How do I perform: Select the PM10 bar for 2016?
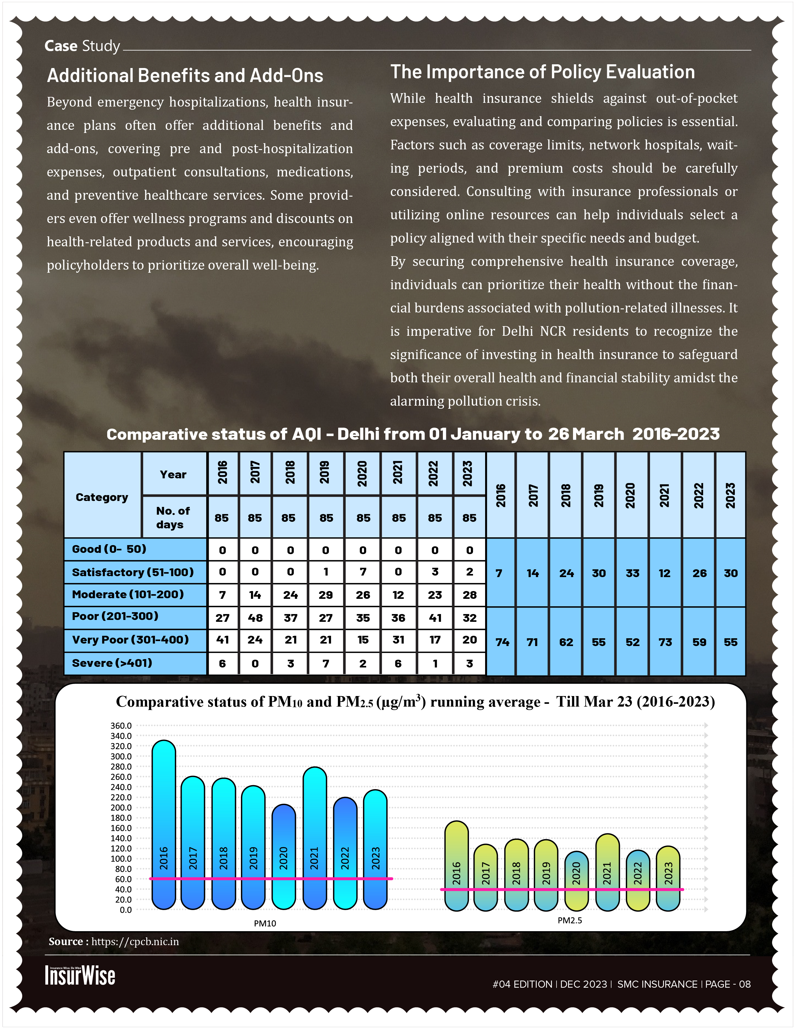(163, 825)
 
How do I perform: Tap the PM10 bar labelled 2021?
(315, 839)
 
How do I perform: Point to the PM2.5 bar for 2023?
(668, 879)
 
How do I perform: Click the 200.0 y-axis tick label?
(121, 808)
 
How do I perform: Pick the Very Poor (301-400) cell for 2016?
(222, 640)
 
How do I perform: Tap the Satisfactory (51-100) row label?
(133, 572)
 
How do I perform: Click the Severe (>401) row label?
(112, 663)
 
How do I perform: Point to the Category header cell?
(102, 497)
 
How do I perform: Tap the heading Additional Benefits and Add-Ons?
(184, 75)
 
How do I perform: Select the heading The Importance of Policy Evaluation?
(542, 72)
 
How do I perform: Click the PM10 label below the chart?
(265, 923)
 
